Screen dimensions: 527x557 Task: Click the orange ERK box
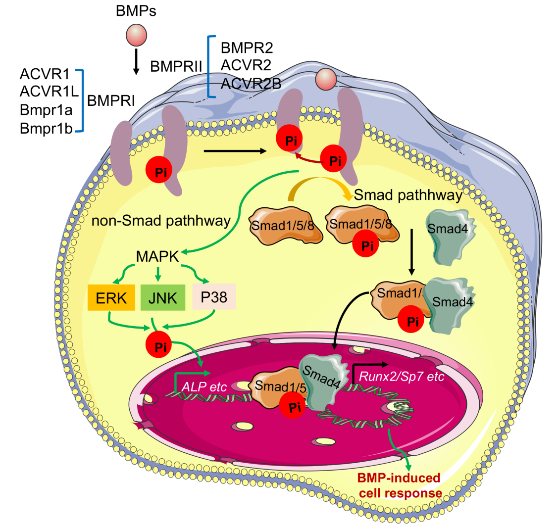tap(111, 297)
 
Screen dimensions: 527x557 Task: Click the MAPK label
tap(158, 257)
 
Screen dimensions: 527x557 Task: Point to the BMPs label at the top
tap(136, 11)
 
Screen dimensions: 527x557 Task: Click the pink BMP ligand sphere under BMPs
tap(136, 36)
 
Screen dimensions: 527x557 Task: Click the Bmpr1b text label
tap(47, 129)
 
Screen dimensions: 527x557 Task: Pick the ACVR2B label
tap(251, 84)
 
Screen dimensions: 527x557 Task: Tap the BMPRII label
tap(177, 67)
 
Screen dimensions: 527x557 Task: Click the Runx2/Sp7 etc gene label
tap(402, 376)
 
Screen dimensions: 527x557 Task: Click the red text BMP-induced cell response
tap(400, 485)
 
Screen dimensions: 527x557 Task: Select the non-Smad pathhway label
tap(161, 220)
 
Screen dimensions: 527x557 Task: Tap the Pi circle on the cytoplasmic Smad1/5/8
tap(367, 245)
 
